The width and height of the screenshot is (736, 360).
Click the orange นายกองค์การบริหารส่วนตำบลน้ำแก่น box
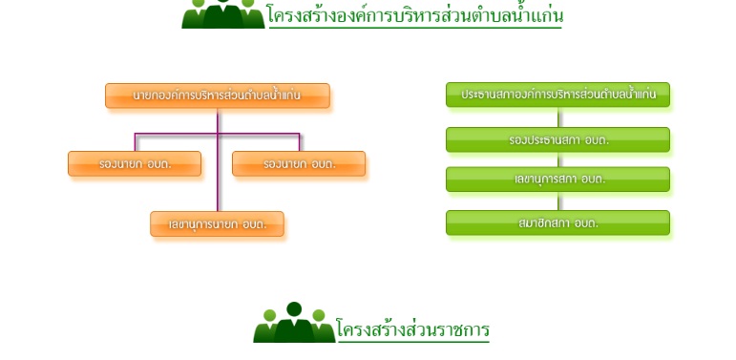click(218, 95)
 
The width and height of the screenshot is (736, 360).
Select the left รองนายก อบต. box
click(135, 164)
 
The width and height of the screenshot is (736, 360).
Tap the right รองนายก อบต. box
click(299, 164)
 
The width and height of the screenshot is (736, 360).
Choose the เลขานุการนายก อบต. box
click(218, 223)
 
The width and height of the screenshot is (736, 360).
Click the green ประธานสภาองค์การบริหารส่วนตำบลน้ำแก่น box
click(557, 95)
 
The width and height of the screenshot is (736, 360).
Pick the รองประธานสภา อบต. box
click(557, 139)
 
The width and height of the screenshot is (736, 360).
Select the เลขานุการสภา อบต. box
click(557, 180)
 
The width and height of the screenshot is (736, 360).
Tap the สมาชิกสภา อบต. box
click(557, 222)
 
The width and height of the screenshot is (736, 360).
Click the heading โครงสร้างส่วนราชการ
click(412, 329)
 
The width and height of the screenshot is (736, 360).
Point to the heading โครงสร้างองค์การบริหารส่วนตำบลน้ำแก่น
click(415, 14)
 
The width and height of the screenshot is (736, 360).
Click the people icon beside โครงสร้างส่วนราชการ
click(294, 323)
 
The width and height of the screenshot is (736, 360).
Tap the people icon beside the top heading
click(223, 14)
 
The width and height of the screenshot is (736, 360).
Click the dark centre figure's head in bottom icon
click(294, 308)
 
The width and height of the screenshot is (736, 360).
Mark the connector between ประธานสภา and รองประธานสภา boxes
click(558, 117)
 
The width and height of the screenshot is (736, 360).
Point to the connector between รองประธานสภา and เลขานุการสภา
click(558, 159)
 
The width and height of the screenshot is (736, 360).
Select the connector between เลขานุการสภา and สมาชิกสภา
click(558, 201)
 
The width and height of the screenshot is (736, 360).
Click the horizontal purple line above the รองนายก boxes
click(218, 134)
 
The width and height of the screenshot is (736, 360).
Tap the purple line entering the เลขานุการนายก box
click(218, 159)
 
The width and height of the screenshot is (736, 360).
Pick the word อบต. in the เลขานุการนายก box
click(255, 224)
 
